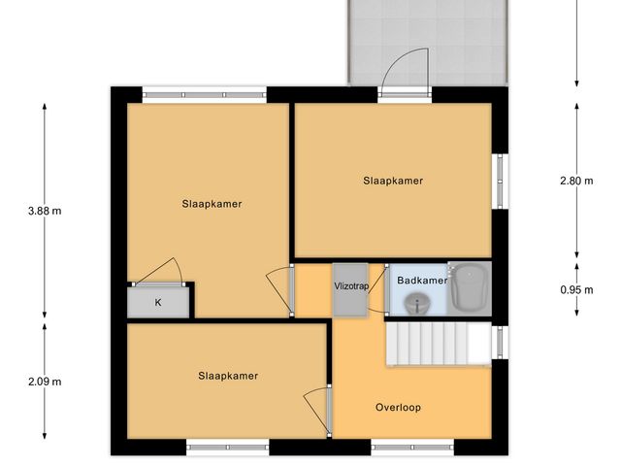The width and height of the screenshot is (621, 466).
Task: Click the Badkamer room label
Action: click(422, 281)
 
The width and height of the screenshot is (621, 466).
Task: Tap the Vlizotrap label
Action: click(350, 286)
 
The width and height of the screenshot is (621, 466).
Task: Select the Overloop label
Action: click(399, 407)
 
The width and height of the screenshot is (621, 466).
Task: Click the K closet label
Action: click(158, 302)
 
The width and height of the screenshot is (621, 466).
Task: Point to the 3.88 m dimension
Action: click(45, 209)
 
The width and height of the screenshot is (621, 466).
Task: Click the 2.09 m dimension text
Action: click(45, 381)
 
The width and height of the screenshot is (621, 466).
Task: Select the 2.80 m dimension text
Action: click(576, 181)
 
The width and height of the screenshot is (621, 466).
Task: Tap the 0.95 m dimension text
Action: click(576, 288)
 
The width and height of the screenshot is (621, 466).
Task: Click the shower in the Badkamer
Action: click(470, 287)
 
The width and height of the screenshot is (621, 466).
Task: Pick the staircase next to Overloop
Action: click(438, 345)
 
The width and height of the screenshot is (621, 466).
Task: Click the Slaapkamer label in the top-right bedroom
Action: click(393, 181)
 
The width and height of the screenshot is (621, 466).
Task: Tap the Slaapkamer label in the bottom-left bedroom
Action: click(228, 376)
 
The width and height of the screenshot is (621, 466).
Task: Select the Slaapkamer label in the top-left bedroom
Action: click(212, 204)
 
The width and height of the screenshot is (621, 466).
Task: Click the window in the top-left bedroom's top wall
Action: click(204, 94)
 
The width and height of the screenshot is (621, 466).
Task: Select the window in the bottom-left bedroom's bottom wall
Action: click(227, 448)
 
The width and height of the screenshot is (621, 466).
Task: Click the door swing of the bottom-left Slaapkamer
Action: click(317, 406)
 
